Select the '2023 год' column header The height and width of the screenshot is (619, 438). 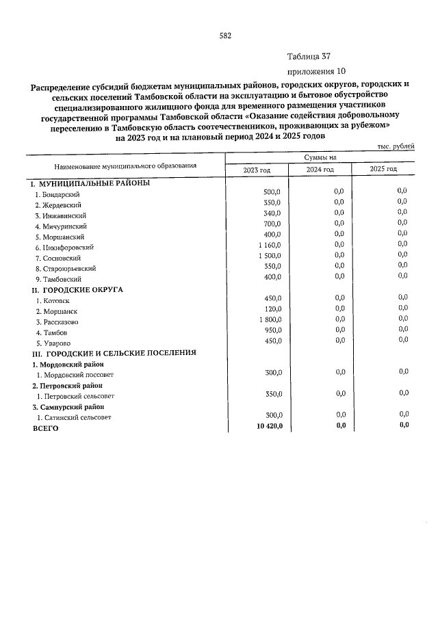(257, 169)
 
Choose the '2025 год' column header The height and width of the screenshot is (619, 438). (383, 169)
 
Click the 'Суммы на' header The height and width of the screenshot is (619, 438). (320, 157)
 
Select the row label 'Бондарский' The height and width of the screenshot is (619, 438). (58, 194)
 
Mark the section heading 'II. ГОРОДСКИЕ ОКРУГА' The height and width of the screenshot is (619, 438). (77, 289)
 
